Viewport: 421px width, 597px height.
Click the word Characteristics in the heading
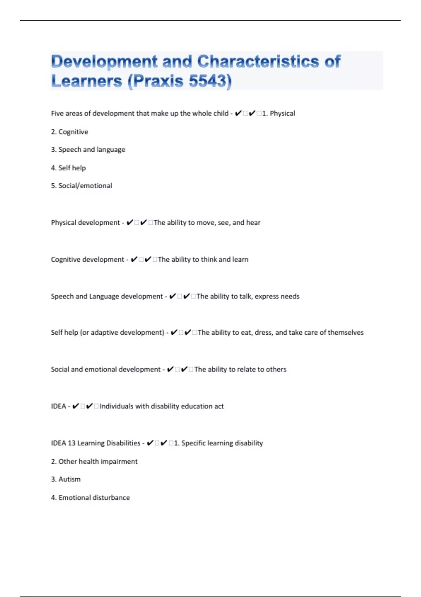tap(258, 61)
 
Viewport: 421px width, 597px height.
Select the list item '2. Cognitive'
tap(69, 132)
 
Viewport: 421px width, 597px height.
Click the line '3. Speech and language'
tap(88, 150)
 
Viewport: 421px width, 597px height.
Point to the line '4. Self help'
tap(68, 168)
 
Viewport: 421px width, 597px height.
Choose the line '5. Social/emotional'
tap(82, 186)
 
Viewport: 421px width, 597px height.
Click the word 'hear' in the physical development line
tap(253, 223)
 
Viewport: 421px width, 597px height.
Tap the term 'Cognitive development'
tap(87, 260)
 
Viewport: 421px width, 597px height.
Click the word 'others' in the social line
tap(276, 369)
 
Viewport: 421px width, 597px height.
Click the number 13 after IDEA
tap(72, 443)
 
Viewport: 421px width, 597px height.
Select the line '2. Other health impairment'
tap(94, 461)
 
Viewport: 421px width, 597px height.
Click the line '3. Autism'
tap(66, 479)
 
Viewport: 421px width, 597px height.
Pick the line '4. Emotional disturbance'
tap(91, 498)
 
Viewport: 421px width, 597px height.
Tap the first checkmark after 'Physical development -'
tap(129, 223)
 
